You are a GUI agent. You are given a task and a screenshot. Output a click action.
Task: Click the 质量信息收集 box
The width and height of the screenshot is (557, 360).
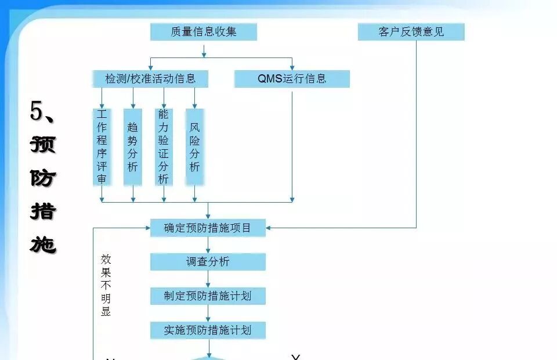(x=203, y=32)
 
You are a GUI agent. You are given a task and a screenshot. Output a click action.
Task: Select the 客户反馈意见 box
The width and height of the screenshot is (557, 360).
(x=411, y=32)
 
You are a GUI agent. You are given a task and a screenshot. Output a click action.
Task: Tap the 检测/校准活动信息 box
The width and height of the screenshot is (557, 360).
(x=150, y=79)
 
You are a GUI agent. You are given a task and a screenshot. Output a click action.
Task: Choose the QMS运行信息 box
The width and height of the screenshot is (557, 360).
(x=292, y=79)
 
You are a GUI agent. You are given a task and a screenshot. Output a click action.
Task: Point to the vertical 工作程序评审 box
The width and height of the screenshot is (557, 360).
(x=102, y=146)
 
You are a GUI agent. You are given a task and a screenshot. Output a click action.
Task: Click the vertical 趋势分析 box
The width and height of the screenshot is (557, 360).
(x=133, y=146)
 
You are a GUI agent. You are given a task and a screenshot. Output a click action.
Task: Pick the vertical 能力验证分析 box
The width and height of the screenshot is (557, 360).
(x=164, y=146)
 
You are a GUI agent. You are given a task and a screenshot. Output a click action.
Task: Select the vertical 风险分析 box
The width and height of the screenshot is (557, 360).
(x=194, y=146)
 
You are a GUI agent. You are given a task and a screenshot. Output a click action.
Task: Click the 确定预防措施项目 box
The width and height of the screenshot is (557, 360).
(x=208, y=228)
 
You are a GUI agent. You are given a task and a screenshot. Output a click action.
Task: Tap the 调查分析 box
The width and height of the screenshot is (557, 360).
(x=208, y=262)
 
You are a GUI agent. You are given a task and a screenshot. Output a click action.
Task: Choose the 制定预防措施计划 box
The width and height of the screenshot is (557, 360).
(x=208, y=296)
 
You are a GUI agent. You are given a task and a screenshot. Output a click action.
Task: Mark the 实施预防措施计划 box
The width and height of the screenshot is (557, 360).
(x=208, y=330)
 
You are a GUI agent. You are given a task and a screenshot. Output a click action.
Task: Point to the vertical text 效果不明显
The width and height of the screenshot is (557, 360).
(x=106, y=285)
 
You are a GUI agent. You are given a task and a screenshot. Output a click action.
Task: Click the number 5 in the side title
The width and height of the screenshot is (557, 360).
(x=37, y=111)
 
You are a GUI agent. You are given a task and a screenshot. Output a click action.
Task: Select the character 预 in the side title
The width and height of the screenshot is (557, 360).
(x=43, y=144)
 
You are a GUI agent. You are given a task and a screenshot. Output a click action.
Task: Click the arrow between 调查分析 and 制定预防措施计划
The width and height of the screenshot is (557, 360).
(x=208, y=279)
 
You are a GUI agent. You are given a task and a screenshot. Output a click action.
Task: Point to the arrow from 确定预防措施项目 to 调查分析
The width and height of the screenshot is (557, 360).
(x=208, y=245)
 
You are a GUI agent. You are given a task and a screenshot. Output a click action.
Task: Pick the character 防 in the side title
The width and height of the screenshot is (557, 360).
(x=43, y=178)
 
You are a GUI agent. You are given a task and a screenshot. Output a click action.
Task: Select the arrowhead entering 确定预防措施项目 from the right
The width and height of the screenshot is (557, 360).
(x=269, y=228)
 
